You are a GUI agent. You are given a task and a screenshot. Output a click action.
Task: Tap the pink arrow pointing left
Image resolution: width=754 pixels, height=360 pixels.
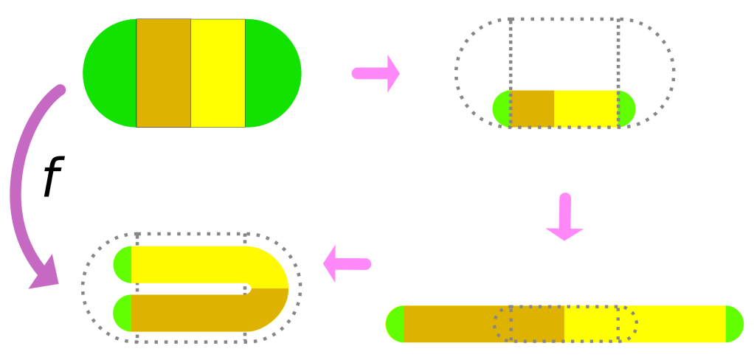pyautogui.click(x=346, y=263)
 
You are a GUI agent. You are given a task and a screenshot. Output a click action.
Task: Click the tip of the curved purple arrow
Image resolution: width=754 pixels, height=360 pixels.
pyautogui.click(x=37, y=281)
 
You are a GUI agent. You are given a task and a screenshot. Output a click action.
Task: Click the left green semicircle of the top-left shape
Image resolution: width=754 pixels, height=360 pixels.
pyautogui.click(x=109, y=73)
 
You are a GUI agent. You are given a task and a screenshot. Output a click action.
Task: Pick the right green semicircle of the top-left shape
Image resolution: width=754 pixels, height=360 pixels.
pyautogui.click(x=273, y=73)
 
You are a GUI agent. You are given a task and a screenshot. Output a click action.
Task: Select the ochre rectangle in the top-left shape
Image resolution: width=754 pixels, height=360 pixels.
pyautogui.click(x=164, y=73)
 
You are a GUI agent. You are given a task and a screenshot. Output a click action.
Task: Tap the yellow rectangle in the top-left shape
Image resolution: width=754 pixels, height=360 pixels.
pyautogui.click(x=218, y=73)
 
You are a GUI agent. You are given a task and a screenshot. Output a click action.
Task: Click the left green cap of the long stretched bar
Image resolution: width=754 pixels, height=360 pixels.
pyautogui.click(x=395, y=324)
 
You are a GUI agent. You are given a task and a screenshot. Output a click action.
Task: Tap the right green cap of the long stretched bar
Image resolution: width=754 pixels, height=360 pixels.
pyautogui.click(x=734, y=324)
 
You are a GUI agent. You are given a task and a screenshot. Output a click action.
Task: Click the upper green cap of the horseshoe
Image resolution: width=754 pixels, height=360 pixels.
pyautogui.click(x=123, y=264)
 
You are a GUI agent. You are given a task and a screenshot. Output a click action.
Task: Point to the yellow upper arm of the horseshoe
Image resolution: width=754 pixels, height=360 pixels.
pyautogui.click(x=192, y=264)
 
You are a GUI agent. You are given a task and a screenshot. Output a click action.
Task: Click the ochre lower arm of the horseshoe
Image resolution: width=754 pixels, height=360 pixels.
pyautogui.click(x=192, y=313)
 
